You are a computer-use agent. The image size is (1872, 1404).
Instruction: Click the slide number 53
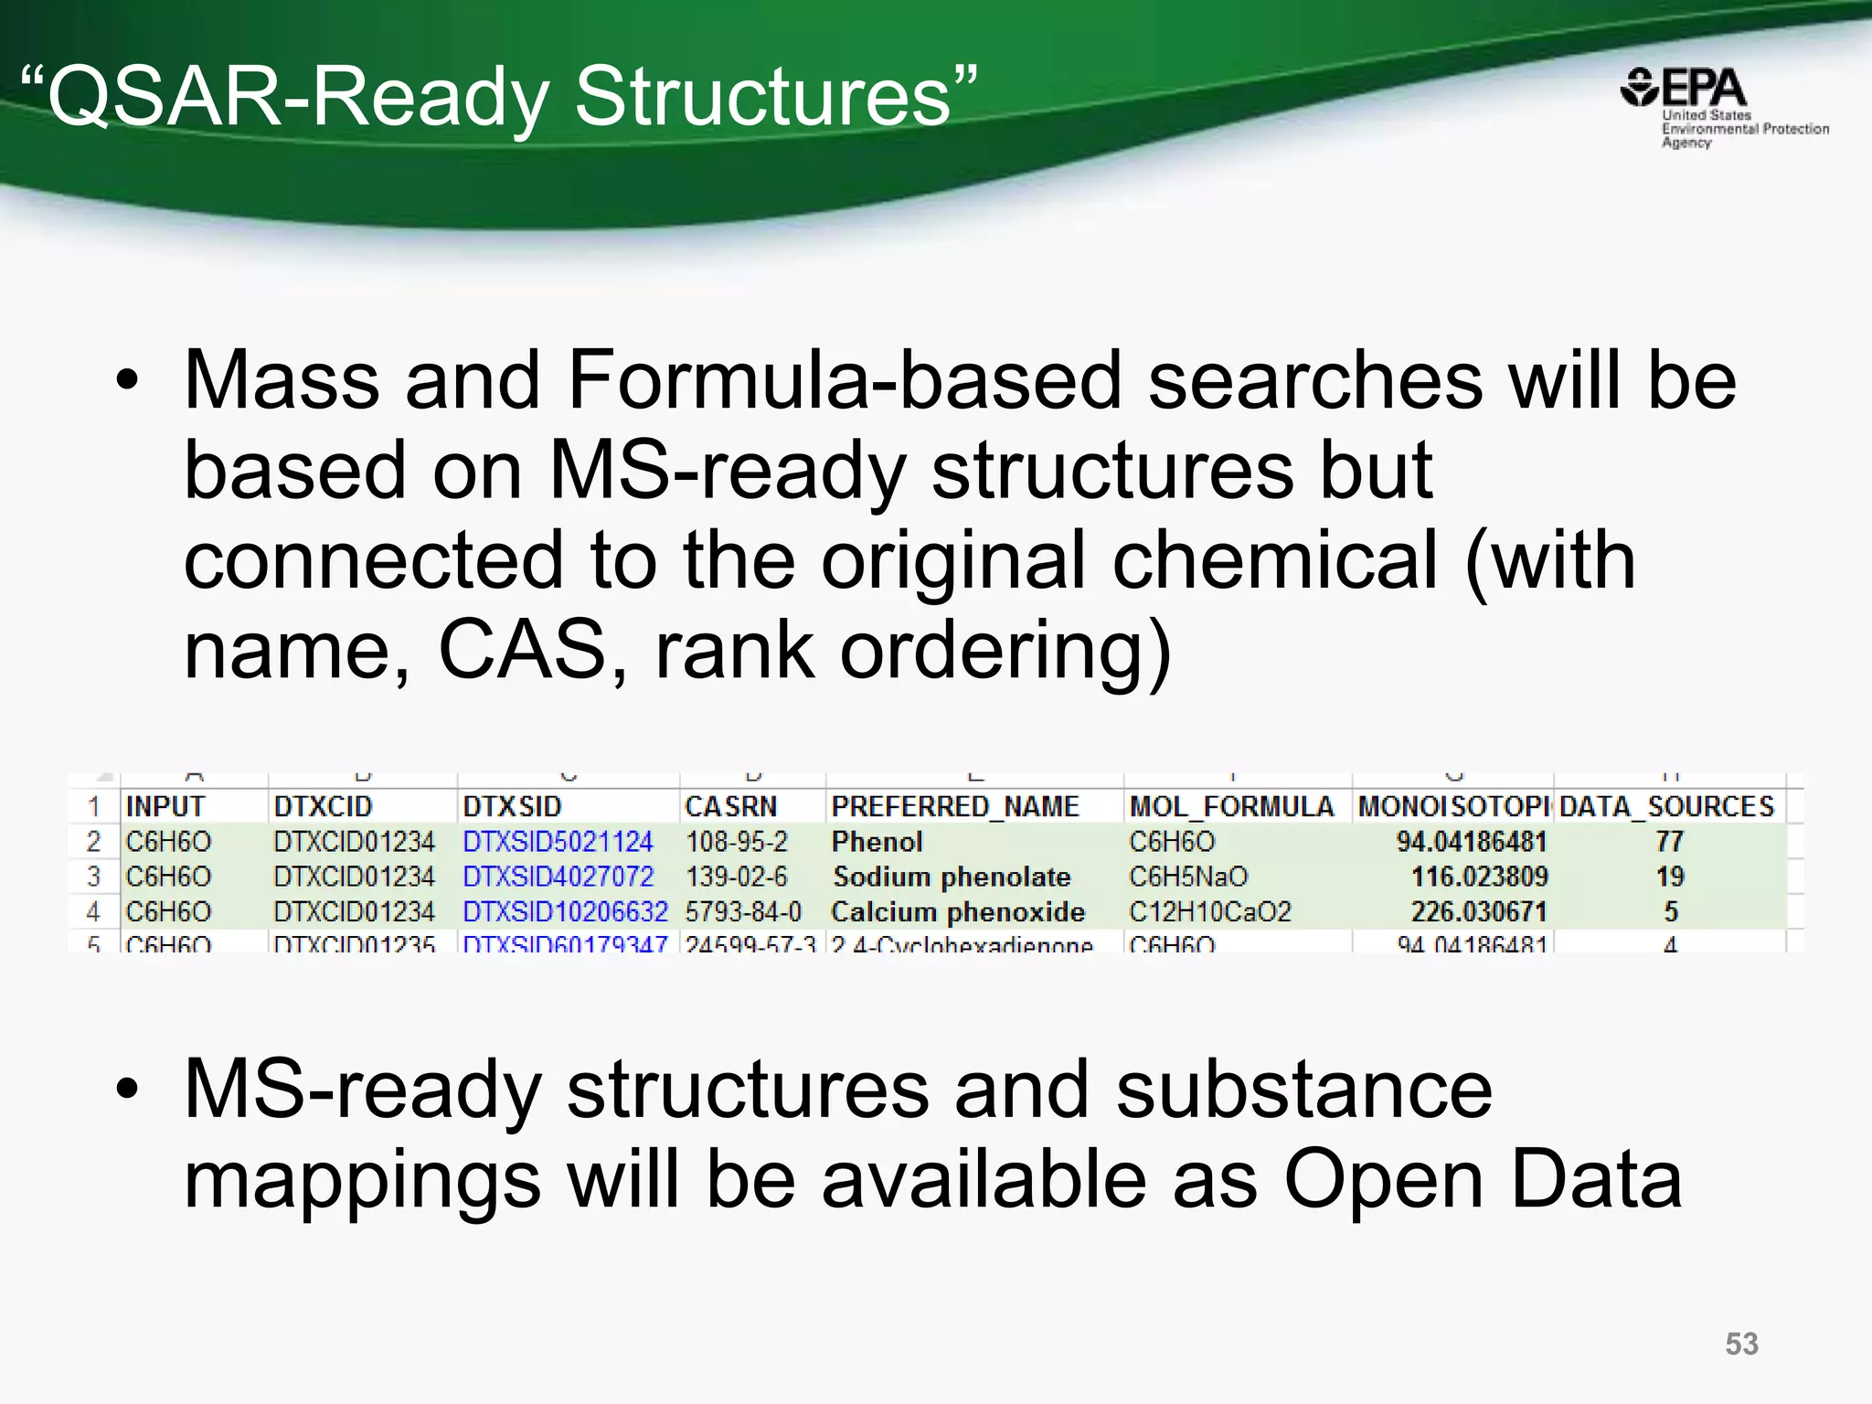pyautogui.click(x=1741, y=1344)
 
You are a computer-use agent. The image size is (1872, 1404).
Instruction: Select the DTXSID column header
pyautogui.click(x=512, y=806)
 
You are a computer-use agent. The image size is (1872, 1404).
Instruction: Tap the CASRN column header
pyautogui.click(x=730, y=806)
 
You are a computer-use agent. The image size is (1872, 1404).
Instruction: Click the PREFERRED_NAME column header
pyautogui.click(x=955, y=806)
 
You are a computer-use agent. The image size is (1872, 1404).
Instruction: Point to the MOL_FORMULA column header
pyautogui.click(x=1231, y=806)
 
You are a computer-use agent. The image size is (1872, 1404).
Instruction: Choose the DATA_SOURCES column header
pyautogui.click(x=1666, y=806)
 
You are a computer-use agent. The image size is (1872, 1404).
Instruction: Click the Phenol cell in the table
pyautogui.click(x=877, y=842)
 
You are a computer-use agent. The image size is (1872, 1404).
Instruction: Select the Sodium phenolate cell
pyautogui.click(x=952, y=877)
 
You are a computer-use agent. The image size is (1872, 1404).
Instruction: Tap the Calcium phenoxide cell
pyautogui.click(x=958, y=912)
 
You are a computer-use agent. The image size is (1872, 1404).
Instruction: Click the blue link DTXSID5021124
pyautogui.click(x=558, y=842)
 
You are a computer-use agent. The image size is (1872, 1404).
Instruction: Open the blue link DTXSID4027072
pyautogui.click(x=558, y=877)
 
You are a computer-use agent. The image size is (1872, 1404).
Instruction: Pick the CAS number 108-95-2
pyautogui.click(x=736, y=842)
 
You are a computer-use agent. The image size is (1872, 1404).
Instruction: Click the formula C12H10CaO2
pyautogui.click(x=1210, y=912)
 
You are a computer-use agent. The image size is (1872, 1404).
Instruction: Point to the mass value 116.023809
pyautogui.click(x=1479, y=877)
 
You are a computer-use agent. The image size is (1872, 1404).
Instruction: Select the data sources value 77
pyautogui.click(x=1669, y=842)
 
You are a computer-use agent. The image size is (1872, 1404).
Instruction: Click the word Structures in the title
pyautogui.click(x=763, y=97)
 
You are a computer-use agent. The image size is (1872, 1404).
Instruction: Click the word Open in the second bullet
pyautogui.click(x=1383, y=1179)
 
